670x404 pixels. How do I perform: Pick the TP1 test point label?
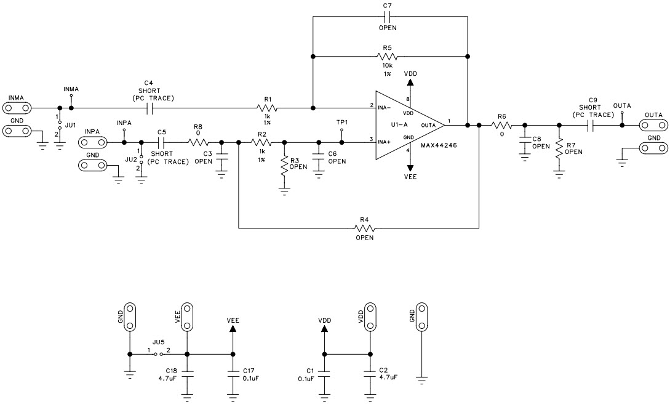coord(342,122)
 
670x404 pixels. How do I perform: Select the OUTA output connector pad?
coord(652,125)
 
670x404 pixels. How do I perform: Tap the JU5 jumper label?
coord(158,342)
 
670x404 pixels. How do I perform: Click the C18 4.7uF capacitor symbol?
coord(187,374)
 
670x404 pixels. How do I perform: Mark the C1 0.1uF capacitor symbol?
coord(325,374)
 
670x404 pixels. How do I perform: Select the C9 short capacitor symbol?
coord(591,125)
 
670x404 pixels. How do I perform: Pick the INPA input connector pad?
coord(92,143)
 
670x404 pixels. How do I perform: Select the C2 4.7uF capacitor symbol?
coord(369,374)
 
